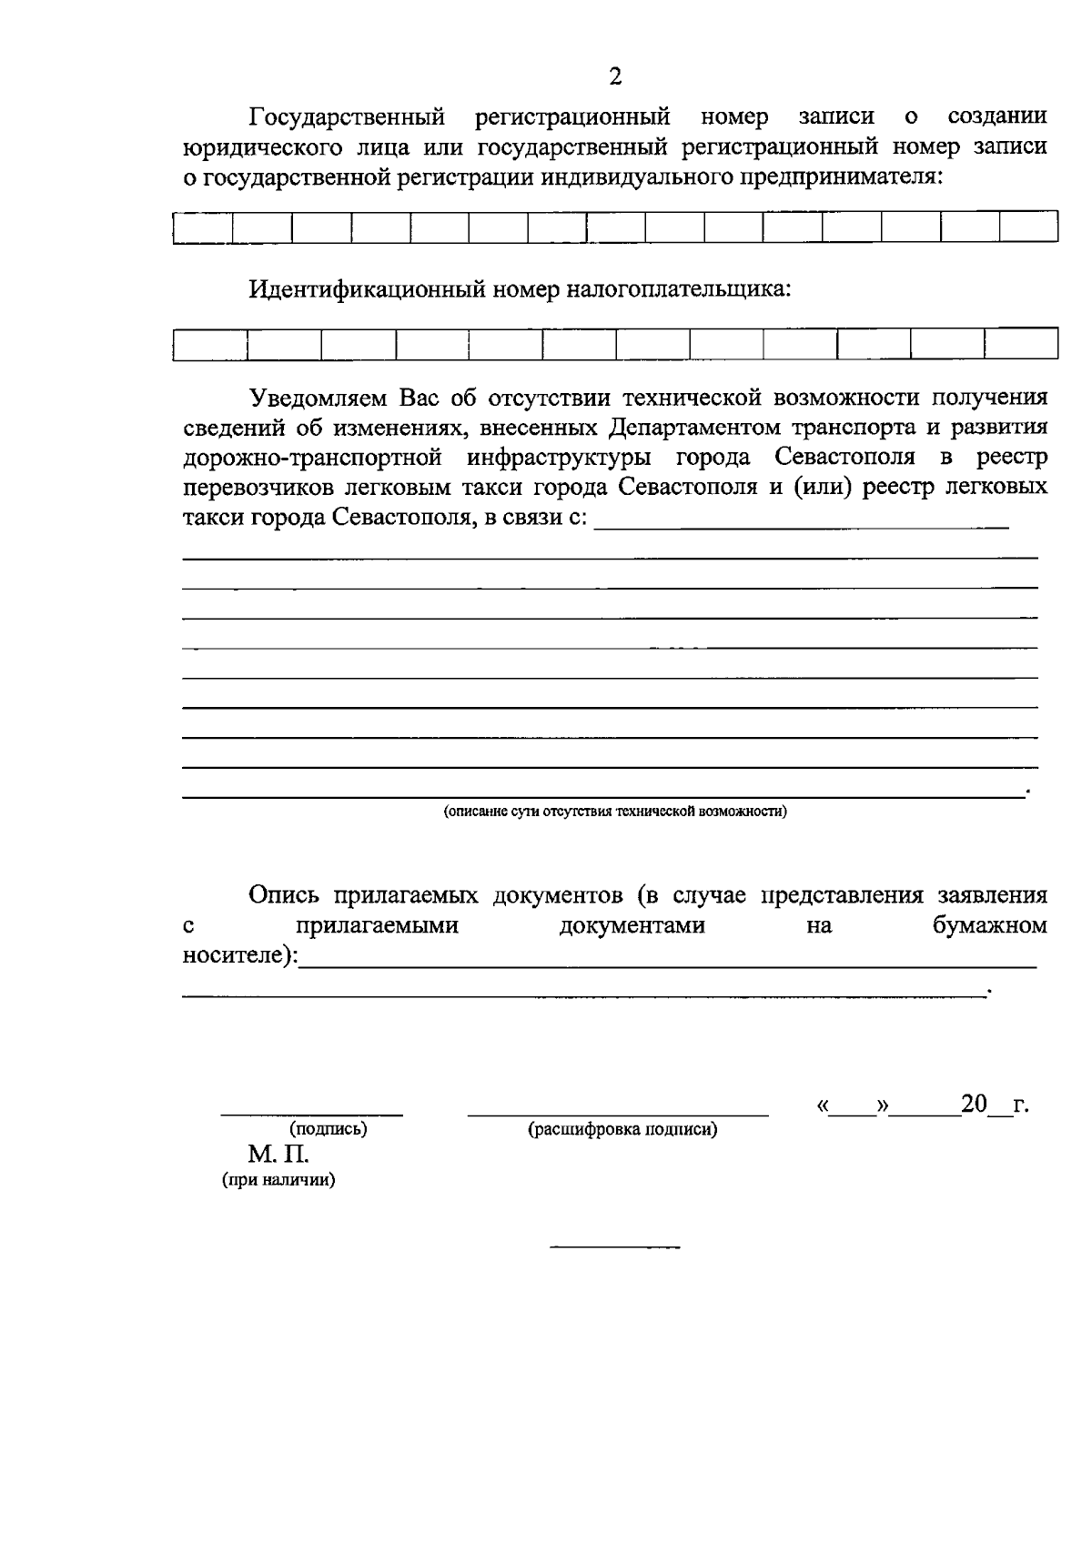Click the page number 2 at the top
tap(615, 76)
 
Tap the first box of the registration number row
tap(202, 227)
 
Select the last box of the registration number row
tap(1028, 227)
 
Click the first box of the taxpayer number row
tap(210, 345)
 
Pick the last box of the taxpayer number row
tap(1021, 345)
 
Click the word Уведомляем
tap(319, 399)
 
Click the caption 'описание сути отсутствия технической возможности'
tap(615, 812)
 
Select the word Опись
tap(284, 896)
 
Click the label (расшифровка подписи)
tap(622, 1130)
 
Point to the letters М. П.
tap(278, 1155)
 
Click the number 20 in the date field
tap(974, 1105)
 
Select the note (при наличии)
tap(278, 1181)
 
